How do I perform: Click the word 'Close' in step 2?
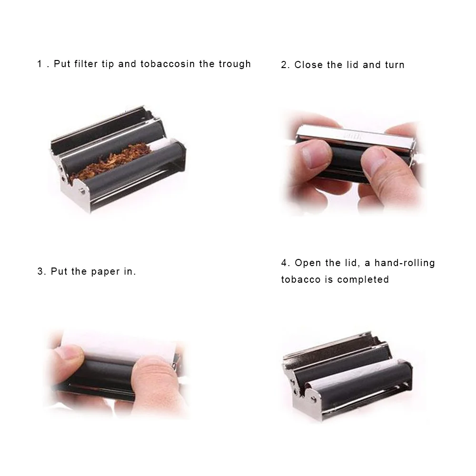coord(308,65)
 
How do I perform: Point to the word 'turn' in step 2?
coord(395,65)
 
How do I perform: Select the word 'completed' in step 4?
coord(363,279)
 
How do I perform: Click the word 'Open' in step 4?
coord(308,263)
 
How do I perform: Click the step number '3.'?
coord(42,272)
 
